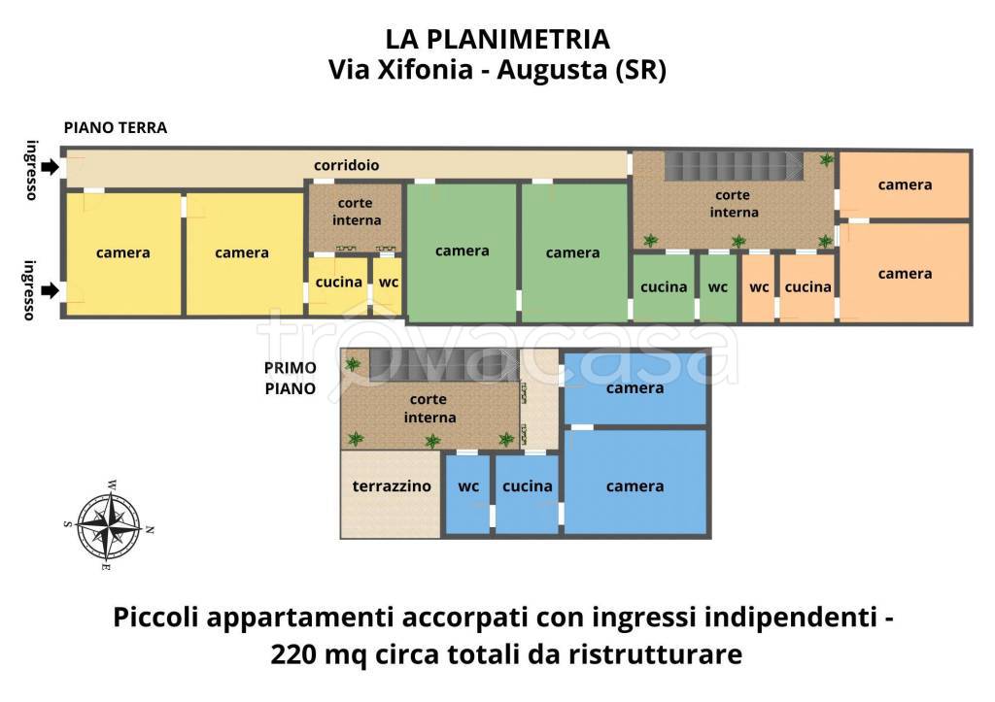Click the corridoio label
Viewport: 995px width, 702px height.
pos(346,165)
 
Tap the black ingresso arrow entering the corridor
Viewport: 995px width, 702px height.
pos(50,166)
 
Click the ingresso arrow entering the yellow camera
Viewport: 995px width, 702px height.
pos(50,289)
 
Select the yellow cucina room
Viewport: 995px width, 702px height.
pos(338,283)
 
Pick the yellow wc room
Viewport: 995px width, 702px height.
pos(388,283)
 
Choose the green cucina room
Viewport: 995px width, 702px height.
pos(664,286)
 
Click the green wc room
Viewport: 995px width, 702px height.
pos(718,286)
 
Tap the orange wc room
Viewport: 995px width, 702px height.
pos(759,286)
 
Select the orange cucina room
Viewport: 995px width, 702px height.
pos(807,286)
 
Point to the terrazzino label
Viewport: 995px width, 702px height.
pos(392,486)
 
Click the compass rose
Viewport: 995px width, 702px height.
pos(109,524)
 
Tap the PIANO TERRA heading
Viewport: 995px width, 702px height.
pos(116,127)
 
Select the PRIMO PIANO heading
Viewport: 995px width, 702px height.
pos(290,378)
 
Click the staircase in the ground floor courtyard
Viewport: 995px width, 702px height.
pos(734,166)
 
